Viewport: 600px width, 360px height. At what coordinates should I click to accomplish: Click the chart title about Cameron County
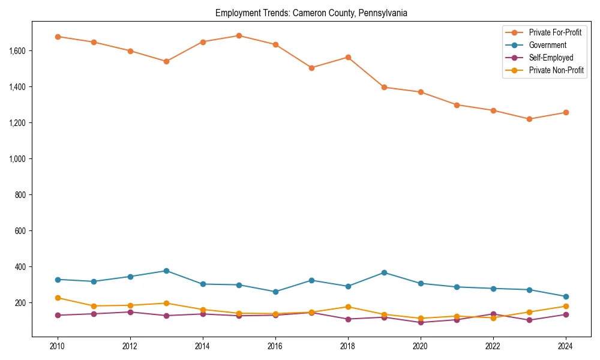pos(311,13)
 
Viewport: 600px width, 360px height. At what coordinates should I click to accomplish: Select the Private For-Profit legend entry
pos(555,32)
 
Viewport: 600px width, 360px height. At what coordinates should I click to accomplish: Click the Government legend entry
pos(547,45)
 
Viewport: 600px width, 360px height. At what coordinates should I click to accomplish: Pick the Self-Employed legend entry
pos(551,58)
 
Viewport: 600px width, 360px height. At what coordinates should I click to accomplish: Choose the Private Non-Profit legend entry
pos(556,70)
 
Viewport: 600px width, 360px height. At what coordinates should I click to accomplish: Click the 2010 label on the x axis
pos(58,346)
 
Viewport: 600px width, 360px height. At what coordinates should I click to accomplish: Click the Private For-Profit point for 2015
pos(239,35)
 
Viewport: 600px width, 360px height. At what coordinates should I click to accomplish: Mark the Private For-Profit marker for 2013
pos(166,61)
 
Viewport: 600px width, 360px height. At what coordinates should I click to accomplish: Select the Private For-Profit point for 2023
pos(529,119)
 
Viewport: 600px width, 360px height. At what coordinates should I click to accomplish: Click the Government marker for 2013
pos(166,271)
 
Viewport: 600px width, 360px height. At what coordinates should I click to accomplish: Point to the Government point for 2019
pos(384,272)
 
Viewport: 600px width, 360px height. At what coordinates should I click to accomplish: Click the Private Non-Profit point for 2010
pos(58,298)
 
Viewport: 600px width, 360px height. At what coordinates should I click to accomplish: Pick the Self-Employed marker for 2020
pos(421,322)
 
